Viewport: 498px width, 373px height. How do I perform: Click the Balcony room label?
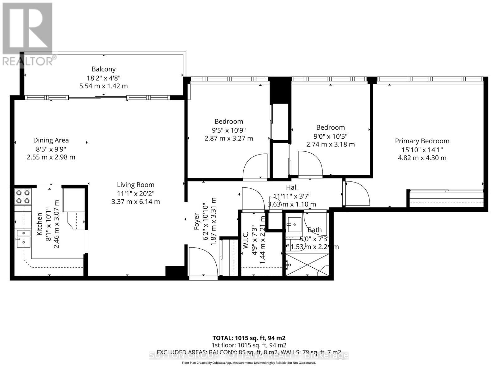coord(103,69)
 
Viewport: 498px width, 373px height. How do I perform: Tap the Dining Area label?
coord(51,140)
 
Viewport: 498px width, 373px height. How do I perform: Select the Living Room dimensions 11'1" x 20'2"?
coord(135,193)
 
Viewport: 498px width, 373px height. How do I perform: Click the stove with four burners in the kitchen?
coord(23,196)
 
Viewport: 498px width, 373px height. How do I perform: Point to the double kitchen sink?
coord(23,238)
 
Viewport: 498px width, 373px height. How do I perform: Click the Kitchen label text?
coord(40,224)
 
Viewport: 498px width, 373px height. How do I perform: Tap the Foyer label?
coord(196,221)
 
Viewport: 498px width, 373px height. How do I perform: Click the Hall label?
coord(292,187)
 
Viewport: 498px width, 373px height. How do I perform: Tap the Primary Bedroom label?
coord(422,141)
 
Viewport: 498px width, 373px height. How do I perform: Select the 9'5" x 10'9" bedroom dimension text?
coord(229,130)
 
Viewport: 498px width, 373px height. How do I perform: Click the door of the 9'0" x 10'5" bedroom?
coord(310,163)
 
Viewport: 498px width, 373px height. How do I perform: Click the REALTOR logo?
coord(28,34)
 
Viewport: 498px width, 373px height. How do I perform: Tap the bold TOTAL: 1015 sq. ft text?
coord(249,338)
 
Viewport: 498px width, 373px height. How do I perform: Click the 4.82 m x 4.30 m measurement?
coord(422,158)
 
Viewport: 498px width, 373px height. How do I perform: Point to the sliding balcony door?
coord(98,98)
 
